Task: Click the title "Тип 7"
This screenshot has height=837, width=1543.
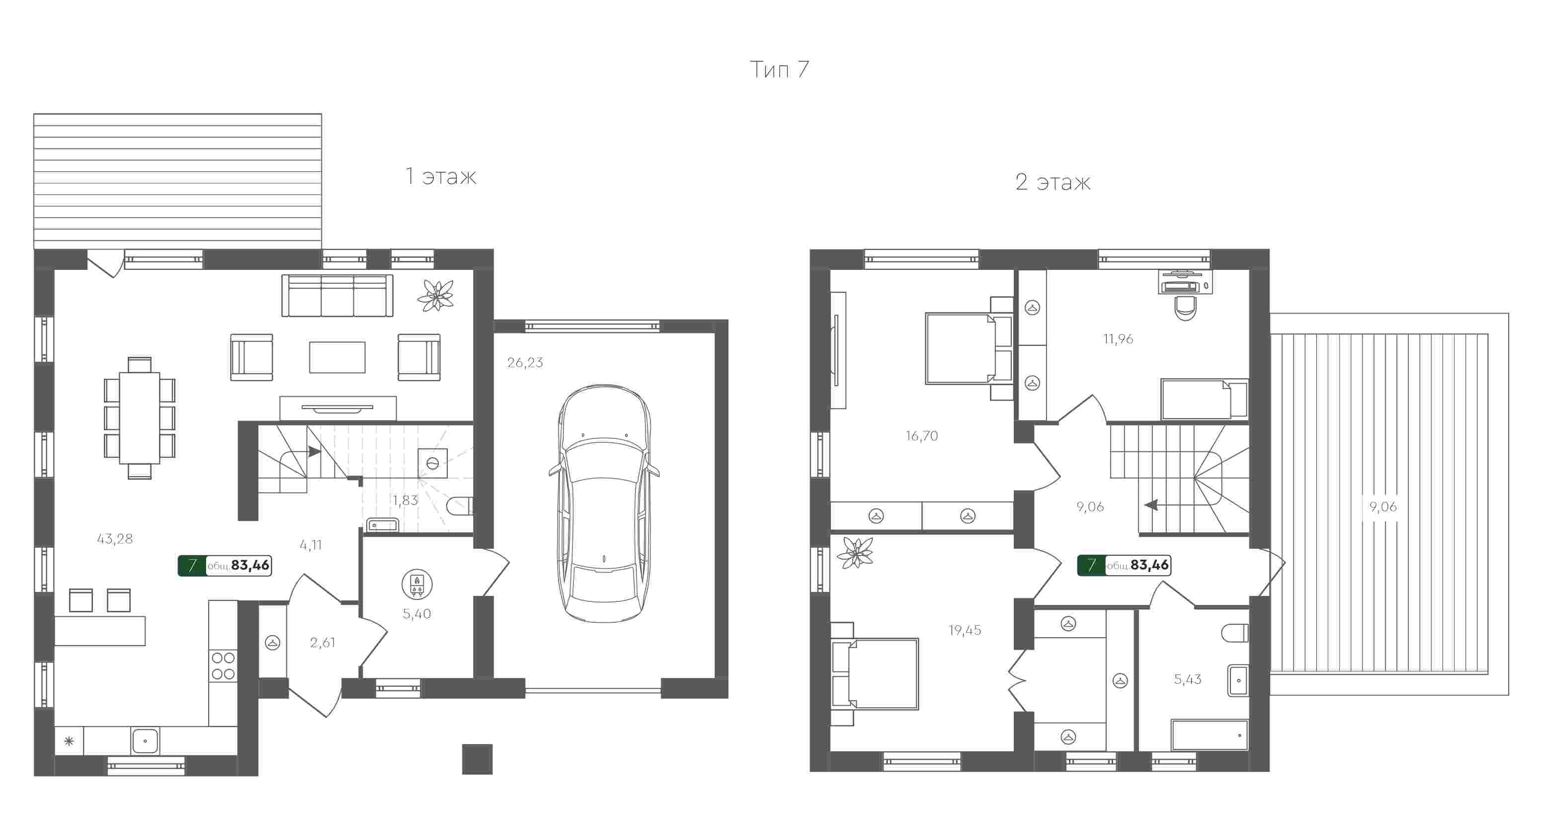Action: coord(779,70)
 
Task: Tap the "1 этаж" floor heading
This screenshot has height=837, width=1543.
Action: coord(441,176)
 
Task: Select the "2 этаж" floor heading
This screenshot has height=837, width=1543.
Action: coord(1053,182)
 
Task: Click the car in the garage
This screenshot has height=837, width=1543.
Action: coord(604,504)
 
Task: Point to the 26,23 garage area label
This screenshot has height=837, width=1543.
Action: coord(525,362)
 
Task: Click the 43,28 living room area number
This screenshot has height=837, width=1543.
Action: coord(115,539)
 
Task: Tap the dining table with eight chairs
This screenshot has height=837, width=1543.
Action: coord(140,418)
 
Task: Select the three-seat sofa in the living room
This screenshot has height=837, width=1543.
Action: coord(337,295)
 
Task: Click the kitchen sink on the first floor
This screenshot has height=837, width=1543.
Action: coord(145,741)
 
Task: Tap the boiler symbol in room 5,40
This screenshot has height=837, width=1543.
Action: coord(417,584)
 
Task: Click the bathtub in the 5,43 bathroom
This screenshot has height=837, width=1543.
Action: coord(1210,735)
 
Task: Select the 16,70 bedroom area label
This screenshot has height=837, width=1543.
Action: coord(922,436)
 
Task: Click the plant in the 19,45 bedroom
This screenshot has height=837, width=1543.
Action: coord(855,552)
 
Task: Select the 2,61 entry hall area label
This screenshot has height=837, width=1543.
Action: coord(322,643)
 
